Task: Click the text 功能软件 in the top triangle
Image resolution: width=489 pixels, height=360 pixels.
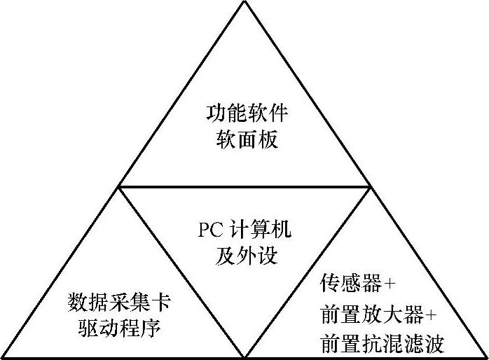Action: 245,113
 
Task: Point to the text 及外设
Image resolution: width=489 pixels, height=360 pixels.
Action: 245,255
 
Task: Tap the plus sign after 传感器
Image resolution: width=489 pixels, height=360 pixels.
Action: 390,284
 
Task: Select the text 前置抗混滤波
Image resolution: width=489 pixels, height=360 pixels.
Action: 382,343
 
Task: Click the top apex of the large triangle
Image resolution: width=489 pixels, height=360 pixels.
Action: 244,2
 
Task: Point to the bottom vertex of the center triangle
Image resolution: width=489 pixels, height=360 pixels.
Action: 244,356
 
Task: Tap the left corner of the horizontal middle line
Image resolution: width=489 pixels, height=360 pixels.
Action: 120,187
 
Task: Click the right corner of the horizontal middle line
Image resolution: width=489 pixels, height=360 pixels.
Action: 370,187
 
